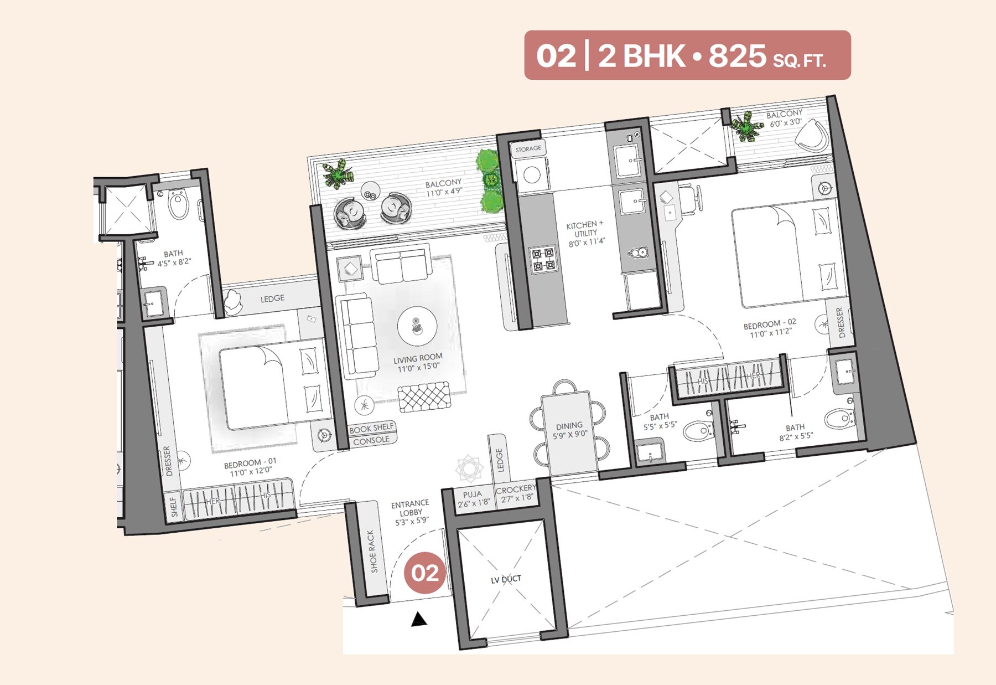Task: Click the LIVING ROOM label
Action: pos(418,358)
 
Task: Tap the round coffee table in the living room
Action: pos(417,326)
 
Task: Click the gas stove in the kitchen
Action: pos(542,260)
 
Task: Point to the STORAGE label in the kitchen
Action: pos(528,148)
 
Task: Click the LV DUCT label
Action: pos(506,579)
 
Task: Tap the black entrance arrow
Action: pos(419,620)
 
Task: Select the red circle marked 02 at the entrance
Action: pos(424,573)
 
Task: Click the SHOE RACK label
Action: pos(372,551)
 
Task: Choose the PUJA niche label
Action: pos(473,494)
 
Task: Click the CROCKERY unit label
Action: pos(516,489)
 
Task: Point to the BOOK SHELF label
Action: pos(371,428)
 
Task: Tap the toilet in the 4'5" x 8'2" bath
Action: pos(178,204)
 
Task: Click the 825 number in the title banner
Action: pos(737,55)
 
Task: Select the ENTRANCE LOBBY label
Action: pos(410,508)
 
